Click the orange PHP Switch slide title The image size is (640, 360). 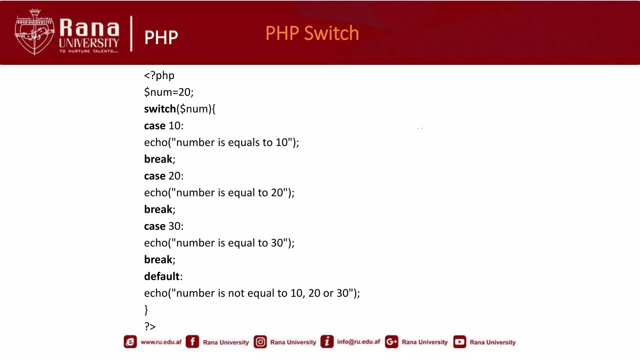[312, 33]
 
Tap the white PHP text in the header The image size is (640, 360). [161, 37]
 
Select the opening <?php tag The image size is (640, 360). [159, 76]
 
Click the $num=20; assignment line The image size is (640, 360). [169, 92]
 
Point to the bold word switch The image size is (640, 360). [160, 109]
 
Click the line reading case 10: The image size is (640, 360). [164, 126]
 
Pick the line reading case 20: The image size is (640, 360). [164, 176]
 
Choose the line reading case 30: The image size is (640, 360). [164, 226]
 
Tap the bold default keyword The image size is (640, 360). [162, 277]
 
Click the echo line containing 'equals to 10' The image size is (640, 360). [221, 142]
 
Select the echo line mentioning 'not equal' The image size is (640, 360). [252, 293]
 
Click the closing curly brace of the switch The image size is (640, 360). [146, 310]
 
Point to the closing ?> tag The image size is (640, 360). [150, 327]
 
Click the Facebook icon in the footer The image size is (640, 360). [192, 342]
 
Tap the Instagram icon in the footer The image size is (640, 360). [260, 342]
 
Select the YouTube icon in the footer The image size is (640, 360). [459, 342]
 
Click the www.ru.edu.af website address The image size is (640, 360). [161, 342]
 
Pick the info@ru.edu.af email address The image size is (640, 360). [358, 342]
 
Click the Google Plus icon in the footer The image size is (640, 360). [392, 342]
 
